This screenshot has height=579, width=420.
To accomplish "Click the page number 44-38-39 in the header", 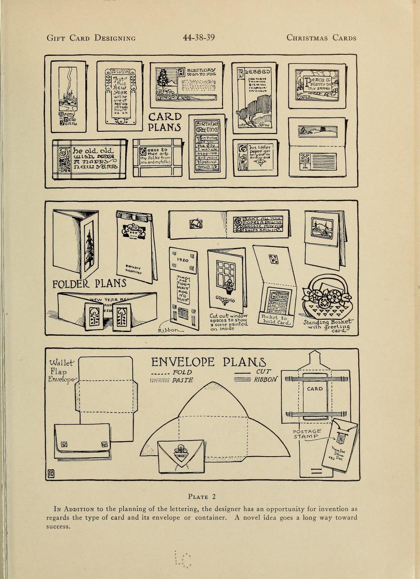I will click(x=199, y=37).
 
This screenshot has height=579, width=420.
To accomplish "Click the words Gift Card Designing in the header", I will click(x=91, y=38).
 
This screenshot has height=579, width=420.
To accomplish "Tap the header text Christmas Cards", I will click(x=321, y=38).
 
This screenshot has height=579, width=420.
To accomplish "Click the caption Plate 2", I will click(x=201, y=496).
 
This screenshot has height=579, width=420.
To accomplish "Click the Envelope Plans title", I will click(x=209, y=362).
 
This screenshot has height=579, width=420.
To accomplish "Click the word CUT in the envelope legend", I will click(x=263, y=372).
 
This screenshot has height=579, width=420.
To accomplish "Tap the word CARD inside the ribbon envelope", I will click(x=315, y=389).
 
